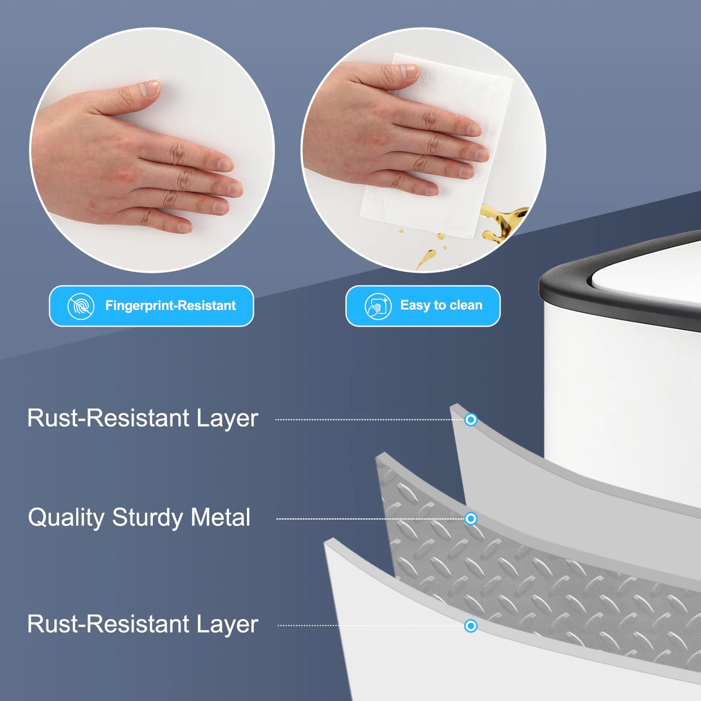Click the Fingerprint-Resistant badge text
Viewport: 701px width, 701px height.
[170, 306]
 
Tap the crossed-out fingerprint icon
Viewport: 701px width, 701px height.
[81, 306]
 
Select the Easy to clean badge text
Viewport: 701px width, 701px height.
[441, 305]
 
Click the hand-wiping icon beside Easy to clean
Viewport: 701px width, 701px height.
[378, 306]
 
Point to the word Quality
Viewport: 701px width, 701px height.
[66, 518]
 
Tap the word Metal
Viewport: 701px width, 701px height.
[221, 517]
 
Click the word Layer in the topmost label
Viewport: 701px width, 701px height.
[227, 418]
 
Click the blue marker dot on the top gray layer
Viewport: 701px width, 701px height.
[471, 420]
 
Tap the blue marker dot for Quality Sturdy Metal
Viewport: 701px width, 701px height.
[471, 519]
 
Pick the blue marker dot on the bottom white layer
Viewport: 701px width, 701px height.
[471, 626]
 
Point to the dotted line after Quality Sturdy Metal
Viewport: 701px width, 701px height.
[369, 519]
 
